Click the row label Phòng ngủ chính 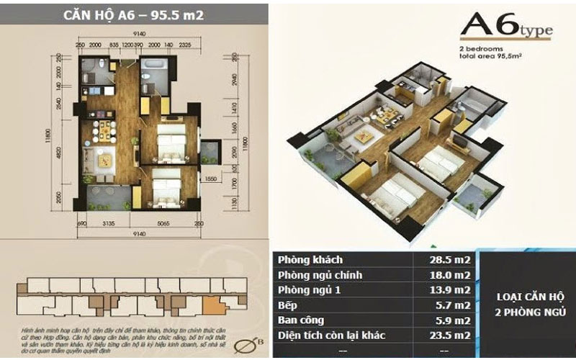[x=322, y=275]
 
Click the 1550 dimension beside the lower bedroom [x=211, y=178]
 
